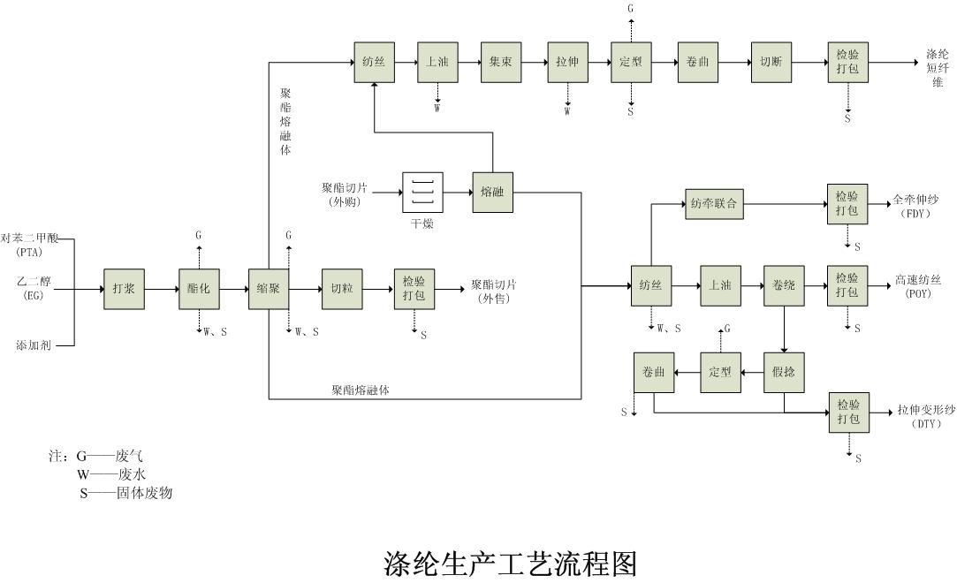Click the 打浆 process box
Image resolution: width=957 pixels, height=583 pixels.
124,289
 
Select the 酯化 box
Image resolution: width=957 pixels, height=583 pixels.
199,289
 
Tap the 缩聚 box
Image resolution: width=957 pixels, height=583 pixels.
269,289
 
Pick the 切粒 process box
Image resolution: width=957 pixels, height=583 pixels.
342,289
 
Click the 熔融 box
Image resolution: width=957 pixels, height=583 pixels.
492,192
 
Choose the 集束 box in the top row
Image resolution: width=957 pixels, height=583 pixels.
501,62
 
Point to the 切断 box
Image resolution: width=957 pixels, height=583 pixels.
771,62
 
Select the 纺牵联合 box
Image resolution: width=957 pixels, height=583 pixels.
714,204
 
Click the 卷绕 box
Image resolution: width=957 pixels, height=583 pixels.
785,285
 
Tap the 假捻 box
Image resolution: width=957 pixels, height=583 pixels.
785,372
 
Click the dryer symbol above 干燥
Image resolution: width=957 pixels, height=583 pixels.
422,192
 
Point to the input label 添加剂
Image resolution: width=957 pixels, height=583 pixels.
34,345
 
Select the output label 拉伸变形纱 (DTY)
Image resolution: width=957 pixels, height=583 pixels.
926,416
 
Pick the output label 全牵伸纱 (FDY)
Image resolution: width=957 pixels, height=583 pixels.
915,206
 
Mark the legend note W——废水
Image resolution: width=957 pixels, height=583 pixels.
111,474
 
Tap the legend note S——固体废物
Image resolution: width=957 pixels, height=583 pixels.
126,493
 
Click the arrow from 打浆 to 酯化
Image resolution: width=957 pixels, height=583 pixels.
162,289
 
